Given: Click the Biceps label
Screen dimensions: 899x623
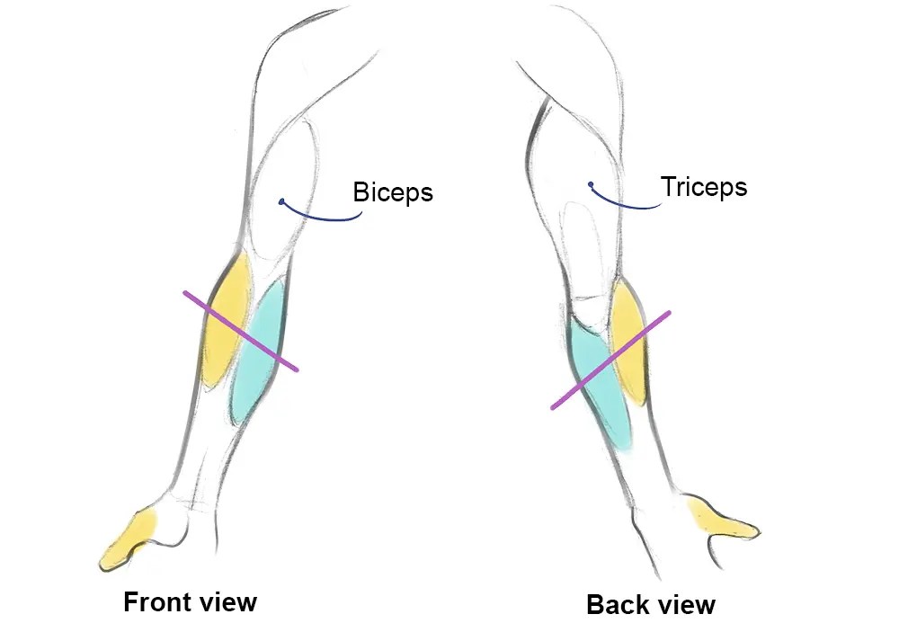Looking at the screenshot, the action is [x=393, y=191].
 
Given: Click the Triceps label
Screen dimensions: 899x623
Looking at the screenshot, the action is [x=704, y=187].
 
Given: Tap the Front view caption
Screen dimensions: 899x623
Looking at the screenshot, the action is [x=190, y=601].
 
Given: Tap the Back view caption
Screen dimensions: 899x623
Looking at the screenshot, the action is [x=651, y=604].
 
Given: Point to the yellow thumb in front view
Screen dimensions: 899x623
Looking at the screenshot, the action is [x=129, y=540].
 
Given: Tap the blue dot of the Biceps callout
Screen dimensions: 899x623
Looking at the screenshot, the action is [x=281, y=202].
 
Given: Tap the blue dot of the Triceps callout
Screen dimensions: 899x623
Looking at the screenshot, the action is [x=591, y=185].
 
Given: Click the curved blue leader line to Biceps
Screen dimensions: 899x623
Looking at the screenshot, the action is [x=324, y=218].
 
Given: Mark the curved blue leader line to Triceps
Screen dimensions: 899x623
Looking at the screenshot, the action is [x=629, y=207].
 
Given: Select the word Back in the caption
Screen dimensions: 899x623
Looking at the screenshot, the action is [x=616, y=604].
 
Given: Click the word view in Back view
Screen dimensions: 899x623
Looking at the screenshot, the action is [x=685, y=604].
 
